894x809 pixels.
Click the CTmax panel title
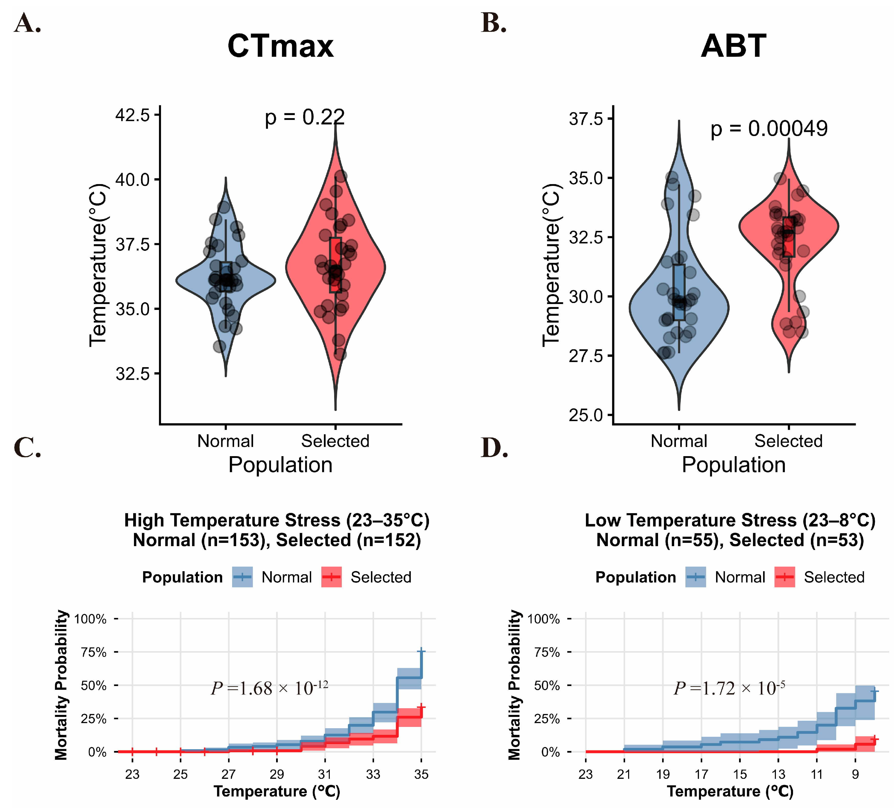click(280, 46)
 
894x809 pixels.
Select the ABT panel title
click(733, 46)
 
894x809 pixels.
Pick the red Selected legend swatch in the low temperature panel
click(785, 577)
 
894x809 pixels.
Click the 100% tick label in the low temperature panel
click(544, 619)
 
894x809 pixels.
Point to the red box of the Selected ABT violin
click(788, 237)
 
